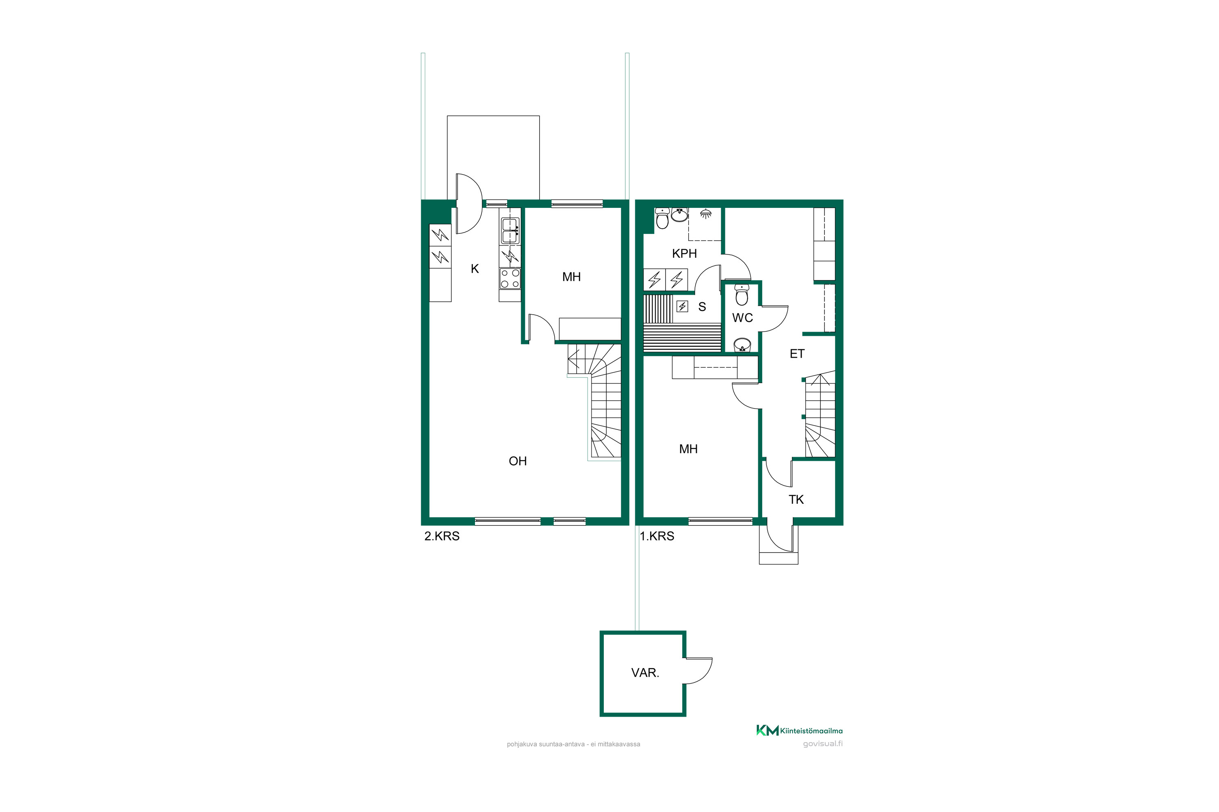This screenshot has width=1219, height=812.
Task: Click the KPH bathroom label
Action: (684, 254)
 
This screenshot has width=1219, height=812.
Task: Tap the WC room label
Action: (742, 318)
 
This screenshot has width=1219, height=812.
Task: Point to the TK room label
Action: (796, 500)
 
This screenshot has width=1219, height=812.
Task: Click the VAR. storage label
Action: (645, 673)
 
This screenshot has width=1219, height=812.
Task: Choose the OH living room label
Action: (518, 461)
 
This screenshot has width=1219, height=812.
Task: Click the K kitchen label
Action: (475, 269)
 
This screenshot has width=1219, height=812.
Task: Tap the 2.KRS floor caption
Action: (442, 536)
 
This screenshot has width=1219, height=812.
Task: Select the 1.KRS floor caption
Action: (657, 536)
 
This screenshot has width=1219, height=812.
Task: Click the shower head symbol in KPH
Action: (705, 214)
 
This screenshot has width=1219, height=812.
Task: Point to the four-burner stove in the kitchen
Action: (510, 279)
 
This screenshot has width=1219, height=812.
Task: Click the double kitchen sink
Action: (510, 231)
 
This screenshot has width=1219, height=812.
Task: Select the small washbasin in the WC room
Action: (742, 345)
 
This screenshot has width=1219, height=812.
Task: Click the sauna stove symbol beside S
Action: (682, 307)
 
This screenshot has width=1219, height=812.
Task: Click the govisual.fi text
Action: (822, 744)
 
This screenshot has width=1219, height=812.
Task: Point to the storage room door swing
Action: (698, 671)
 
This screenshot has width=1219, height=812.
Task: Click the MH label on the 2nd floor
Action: (571, 277)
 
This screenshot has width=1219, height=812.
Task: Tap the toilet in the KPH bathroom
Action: (662, 218)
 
